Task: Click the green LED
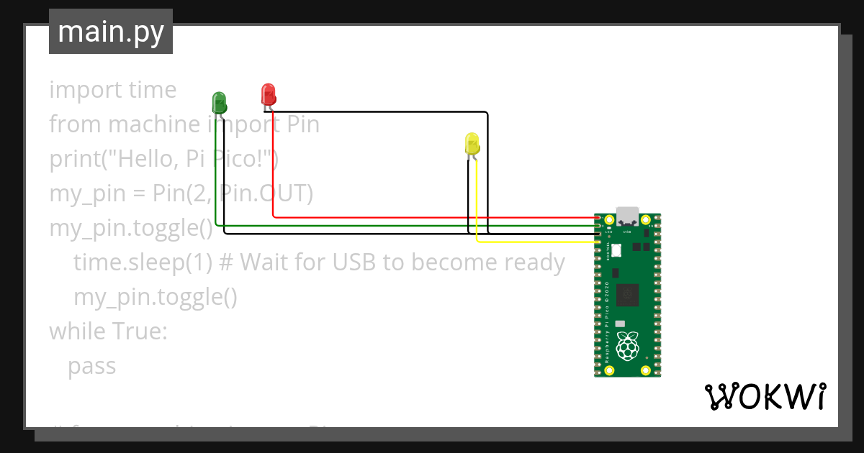point(219,101)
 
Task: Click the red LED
point(268,93)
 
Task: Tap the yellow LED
point(472,142)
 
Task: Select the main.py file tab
point(111,32)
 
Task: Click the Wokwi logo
point(764,397)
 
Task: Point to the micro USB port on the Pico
point(627,214)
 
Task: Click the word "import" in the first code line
point(76,91)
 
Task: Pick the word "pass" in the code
point(92,367)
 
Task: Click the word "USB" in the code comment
point(354,263)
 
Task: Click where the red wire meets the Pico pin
point(598,217)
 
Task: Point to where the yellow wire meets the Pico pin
point(598,242)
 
